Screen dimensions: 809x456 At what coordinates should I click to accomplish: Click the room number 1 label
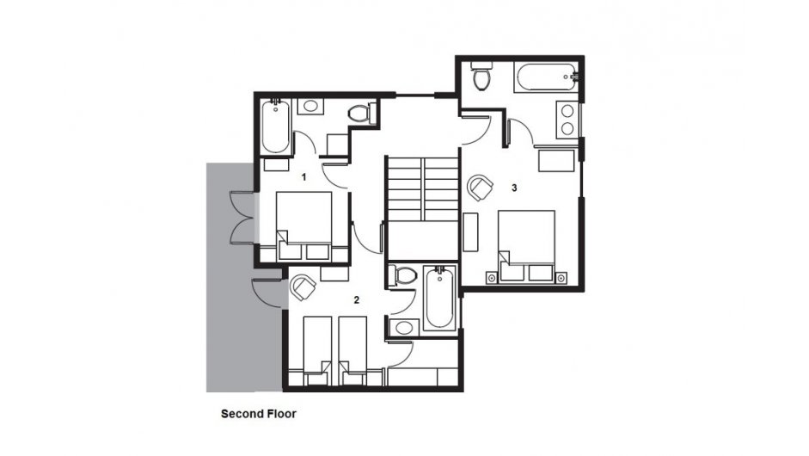[303, 177]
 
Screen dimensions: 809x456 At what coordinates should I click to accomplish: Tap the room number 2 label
[357, 299]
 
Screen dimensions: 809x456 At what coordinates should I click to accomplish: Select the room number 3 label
[514, 188]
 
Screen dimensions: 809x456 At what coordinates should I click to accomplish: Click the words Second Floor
[259, 414]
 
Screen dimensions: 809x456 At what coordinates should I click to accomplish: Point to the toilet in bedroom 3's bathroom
[482, 77]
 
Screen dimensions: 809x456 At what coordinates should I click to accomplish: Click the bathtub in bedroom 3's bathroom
[547, 78]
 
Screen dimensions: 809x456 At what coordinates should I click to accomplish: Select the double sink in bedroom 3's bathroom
[567, 120]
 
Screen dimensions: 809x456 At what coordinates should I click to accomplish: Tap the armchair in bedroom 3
[481, 188]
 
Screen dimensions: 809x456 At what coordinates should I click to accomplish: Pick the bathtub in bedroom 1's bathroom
[276, 127]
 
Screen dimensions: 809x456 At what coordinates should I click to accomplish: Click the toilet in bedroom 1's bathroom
[361, 114]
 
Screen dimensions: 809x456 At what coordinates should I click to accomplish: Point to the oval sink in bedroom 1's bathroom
[310, 107]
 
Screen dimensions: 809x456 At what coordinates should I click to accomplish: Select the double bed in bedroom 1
[303, 225]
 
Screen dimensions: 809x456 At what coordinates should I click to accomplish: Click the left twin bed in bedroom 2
[316, 351]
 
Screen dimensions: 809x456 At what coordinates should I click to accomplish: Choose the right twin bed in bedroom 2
[352, 351]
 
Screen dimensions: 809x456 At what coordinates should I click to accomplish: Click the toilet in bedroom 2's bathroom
[402, 275]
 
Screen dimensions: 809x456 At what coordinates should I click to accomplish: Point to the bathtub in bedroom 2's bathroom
[439, 299]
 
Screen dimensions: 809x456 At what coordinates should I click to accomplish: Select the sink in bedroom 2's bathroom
[404, 328]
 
